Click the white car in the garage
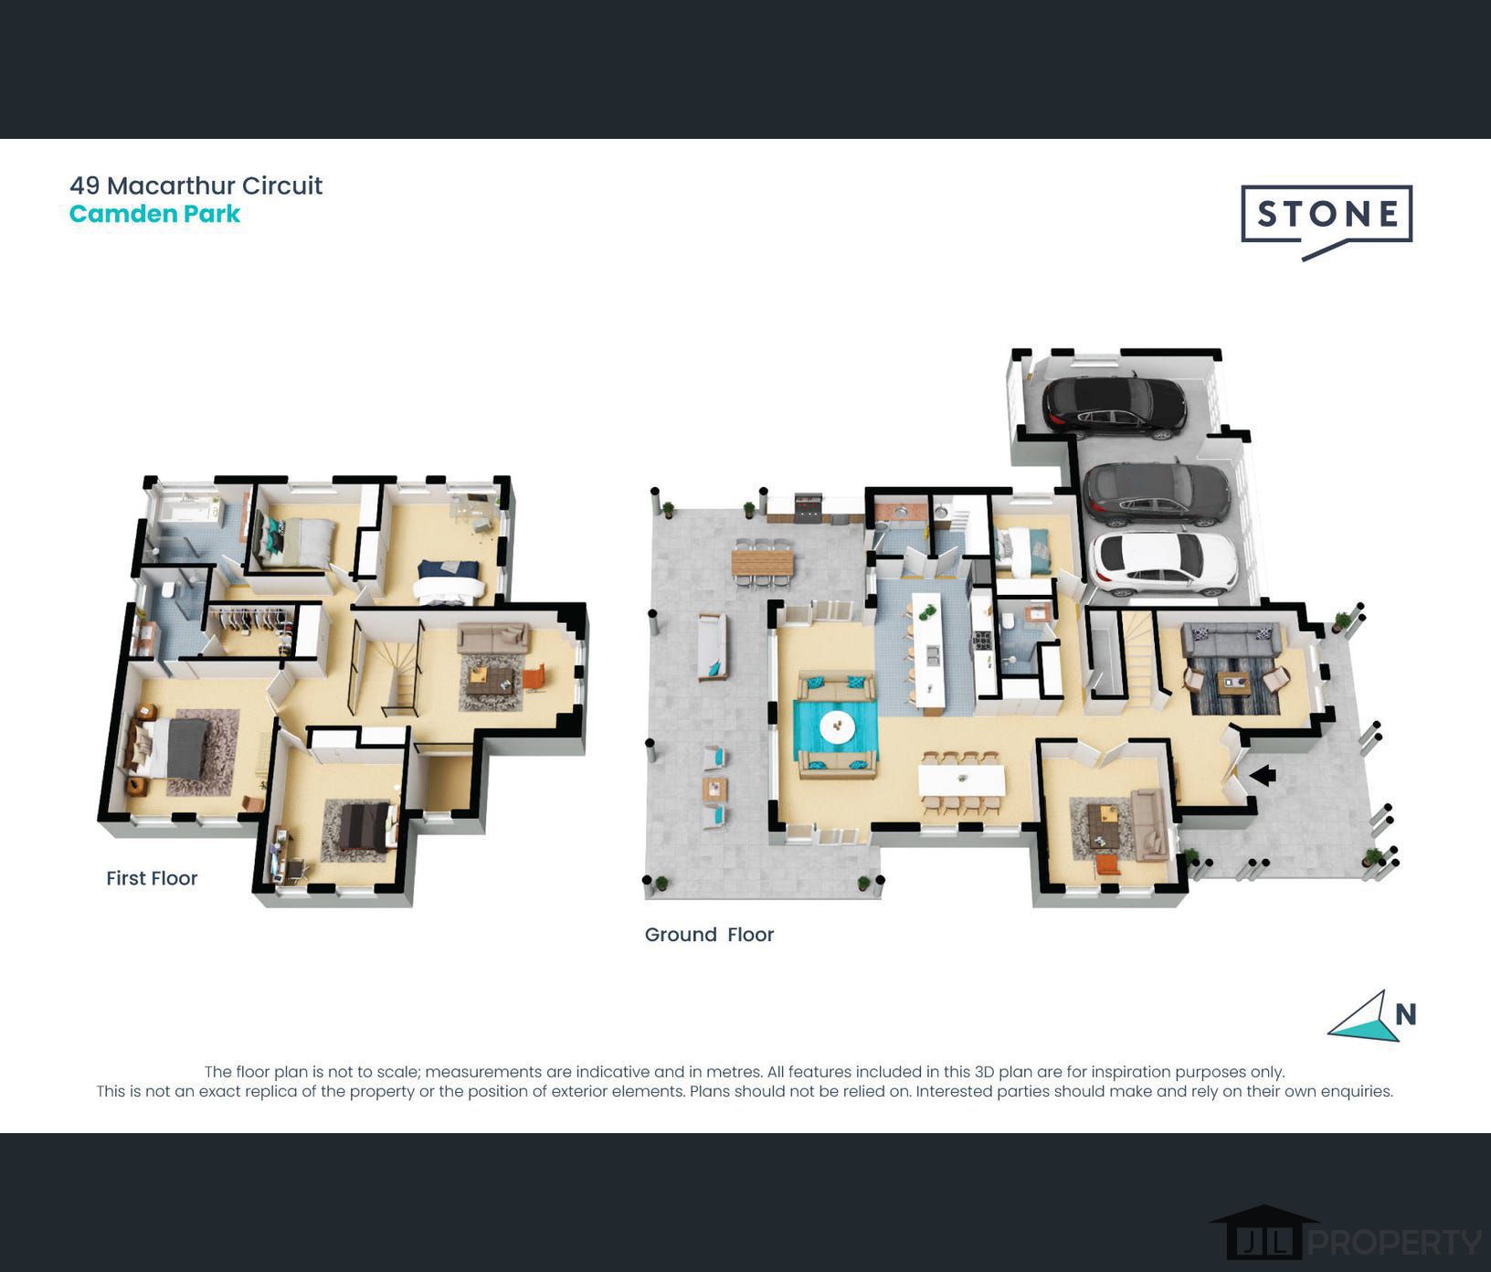pyautogui.click(x=1163, y=561)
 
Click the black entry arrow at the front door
pyautogui.click(x=1263, y=775)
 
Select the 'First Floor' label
pyautogui.click(x=152, y=878)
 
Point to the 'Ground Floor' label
pyautogui.click(x=709, y=935)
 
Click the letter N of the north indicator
pyautogui.click(x=1406, y=1014)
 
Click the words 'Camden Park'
pyautogui.click(x=154, y=214)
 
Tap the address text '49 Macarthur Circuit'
pyautogui.click(x=196, y=185)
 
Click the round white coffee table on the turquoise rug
pyautogui.click(x=837, y=727)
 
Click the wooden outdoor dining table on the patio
pyautogui.click(x=763, y=557)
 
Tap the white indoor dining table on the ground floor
pyautogui.click(x=961, y=780)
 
